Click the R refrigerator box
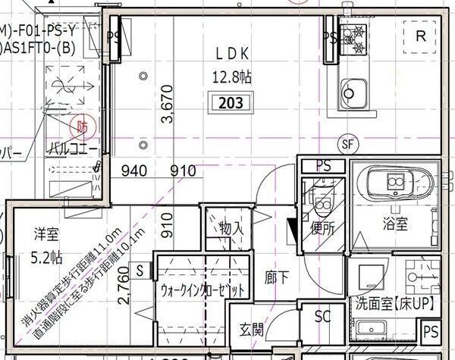tap(421, 36)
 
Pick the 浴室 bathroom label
tap(395, 224)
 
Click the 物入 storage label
tap(231, 227)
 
